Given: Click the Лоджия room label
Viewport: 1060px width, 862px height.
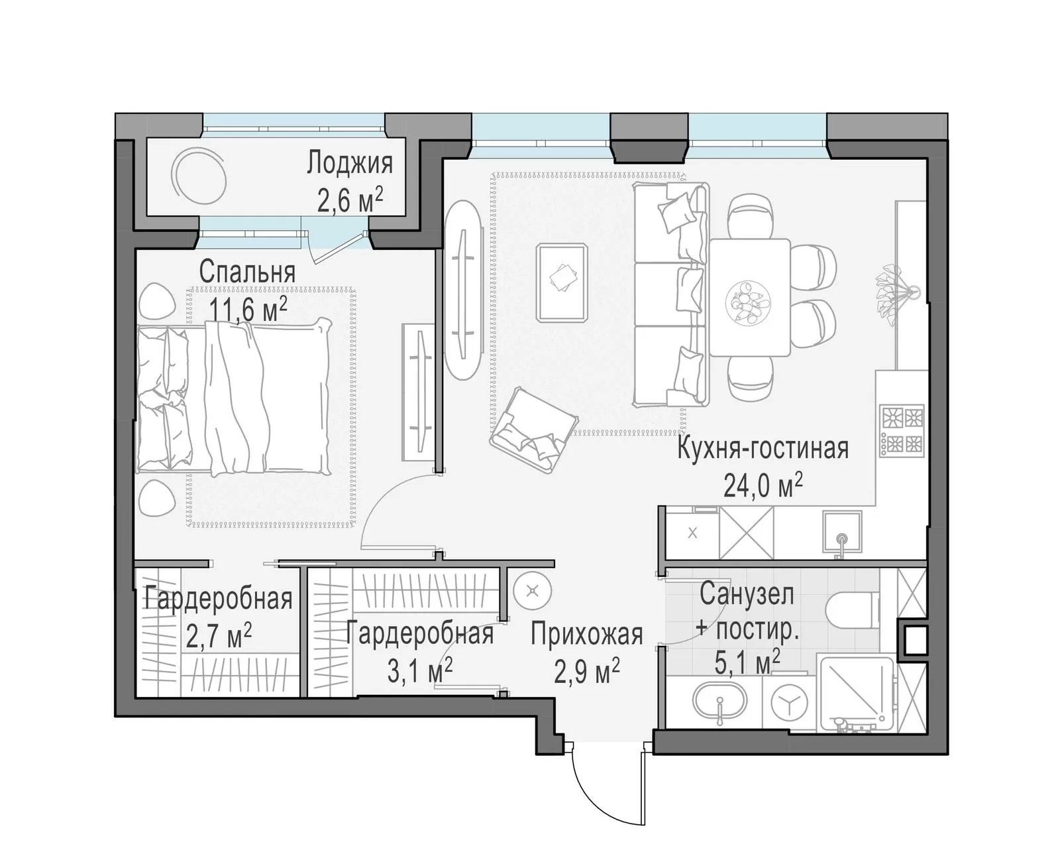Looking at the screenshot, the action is pos(349,164).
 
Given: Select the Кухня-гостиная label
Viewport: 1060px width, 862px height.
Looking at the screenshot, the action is pos(763,449).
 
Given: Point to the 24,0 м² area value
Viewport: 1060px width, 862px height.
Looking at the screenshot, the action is pos(763,485).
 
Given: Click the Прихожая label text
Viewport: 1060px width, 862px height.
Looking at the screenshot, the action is pos(587,635).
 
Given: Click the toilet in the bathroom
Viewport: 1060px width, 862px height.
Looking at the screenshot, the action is pos(852,610).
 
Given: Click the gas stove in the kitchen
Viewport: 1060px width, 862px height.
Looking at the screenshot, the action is pos(902,431).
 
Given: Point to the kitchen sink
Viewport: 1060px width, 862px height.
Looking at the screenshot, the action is pos(841,532).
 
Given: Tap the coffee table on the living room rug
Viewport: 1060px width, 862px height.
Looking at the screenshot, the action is pos(562,282).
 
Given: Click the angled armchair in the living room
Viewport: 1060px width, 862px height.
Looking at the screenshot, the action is pos(533,431).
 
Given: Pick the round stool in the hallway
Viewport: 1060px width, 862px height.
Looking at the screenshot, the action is pos(533,591).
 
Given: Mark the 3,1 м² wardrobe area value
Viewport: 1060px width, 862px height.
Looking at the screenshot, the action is pos(419,671).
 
